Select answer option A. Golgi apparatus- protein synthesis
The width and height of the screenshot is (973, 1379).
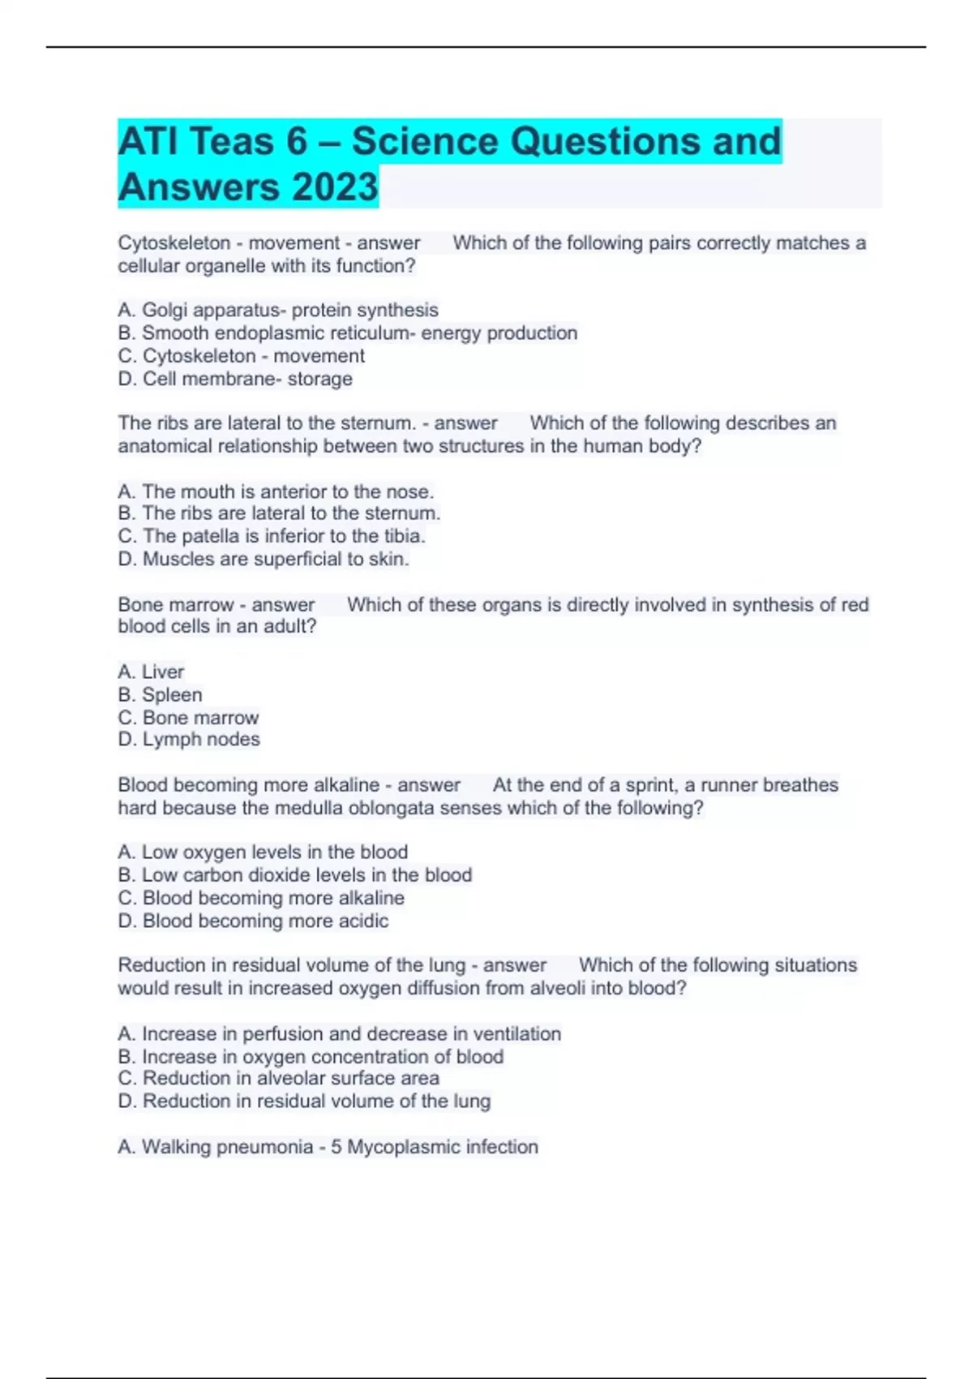(x=278, y=310)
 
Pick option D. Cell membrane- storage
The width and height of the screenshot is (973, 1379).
(x=235, y=379)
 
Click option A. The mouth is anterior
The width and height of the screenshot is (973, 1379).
(x=276, y=492)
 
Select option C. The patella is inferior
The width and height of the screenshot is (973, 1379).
(x=272, y=536)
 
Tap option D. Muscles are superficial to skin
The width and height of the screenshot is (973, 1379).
(x=264, y=559)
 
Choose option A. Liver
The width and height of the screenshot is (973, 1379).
(x=151, y=672)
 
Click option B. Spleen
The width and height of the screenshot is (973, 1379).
(x=160, y=695)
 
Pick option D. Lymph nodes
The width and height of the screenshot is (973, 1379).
(x=189, y=739)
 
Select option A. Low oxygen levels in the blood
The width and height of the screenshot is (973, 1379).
(x=263, y=852)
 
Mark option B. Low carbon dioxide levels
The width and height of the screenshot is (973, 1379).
(x=294, y=875)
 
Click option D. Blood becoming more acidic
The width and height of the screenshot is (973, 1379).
(x=253, y=921)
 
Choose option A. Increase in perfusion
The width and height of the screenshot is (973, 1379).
(x=339, y=1033)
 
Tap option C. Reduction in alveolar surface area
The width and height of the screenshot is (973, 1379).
(x=278, y=1078)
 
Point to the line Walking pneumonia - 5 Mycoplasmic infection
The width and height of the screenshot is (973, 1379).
(x=328, y=1146)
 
